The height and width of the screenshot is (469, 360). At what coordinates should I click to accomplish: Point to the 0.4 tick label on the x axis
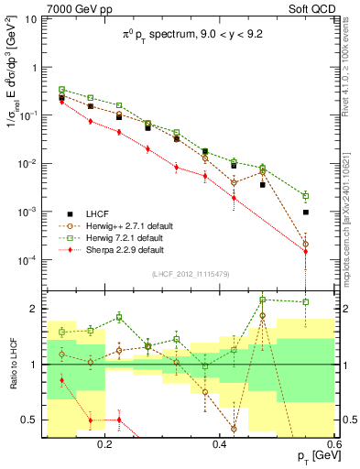pyautogui.click(x=219, y=443)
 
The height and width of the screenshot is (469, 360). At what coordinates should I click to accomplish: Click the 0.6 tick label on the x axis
pyautogui.click(x=332, y=443)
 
